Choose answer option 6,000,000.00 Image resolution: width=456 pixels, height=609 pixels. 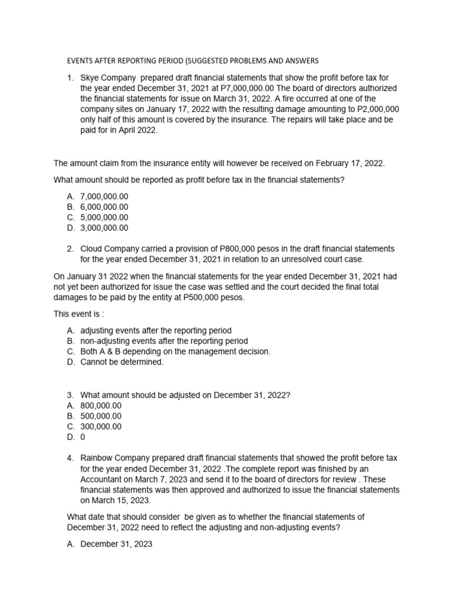[104, 206]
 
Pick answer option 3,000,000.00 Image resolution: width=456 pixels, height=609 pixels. [104, 228]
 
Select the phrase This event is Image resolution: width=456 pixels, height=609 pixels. [77, 314]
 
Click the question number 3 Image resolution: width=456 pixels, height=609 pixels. [69, 394]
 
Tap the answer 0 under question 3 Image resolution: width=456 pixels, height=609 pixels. [83, 437]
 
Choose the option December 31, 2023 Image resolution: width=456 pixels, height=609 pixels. [116, 544]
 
